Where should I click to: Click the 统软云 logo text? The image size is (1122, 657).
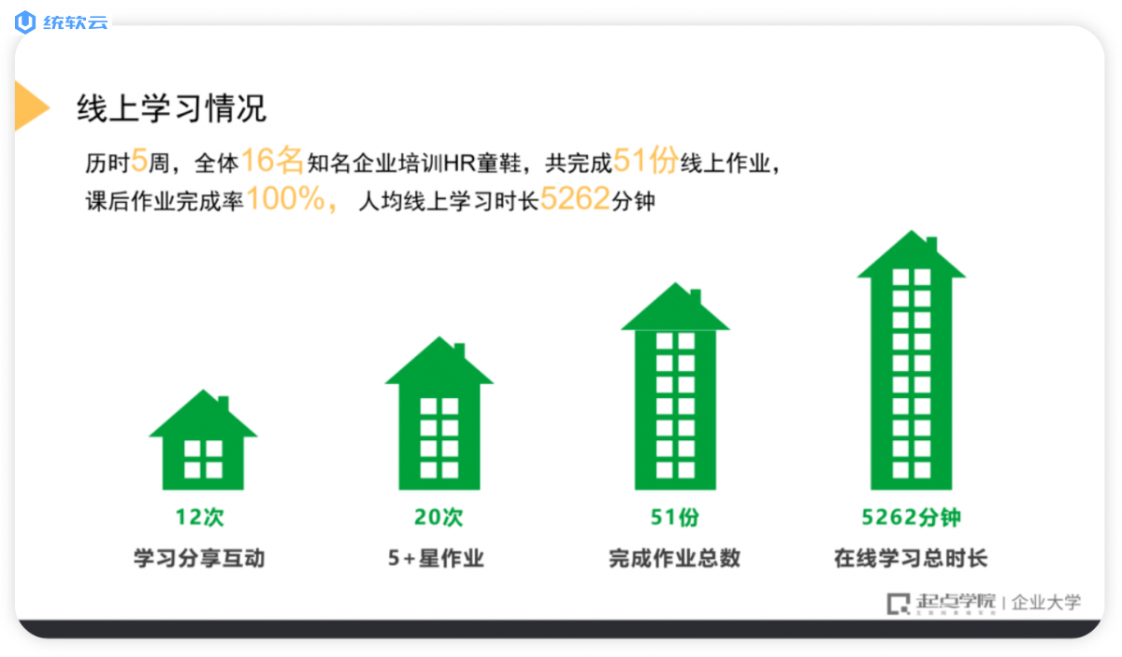[x=75, y=22]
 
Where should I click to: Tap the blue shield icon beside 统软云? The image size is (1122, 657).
[x=25, y=22]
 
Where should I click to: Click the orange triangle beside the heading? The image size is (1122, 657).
[x=30, y=107]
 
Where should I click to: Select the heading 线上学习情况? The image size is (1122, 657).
[x=171, y=107]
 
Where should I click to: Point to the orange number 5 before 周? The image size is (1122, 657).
[x=139, y=161]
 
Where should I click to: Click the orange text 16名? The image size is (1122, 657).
[x=272, y=160]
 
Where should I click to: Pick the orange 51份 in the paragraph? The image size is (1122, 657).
[x=646, y=160]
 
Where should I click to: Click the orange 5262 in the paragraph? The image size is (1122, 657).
[x=575, y=198]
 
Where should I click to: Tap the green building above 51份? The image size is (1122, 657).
[x=675, y=388]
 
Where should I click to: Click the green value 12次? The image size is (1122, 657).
[x=200, y=518]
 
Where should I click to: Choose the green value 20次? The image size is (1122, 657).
[x=439, y=518]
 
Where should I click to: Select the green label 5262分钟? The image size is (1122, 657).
[x=911, y=518]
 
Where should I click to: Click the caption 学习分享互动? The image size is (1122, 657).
[x=199, y=558]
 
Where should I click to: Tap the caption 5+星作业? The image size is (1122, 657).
[x=437, y=558]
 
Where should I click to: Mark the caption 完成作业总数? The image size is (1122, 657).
[x=675, y=558]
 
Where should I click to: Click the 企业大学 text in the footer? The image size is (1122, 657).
[x=1046, y=603]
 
